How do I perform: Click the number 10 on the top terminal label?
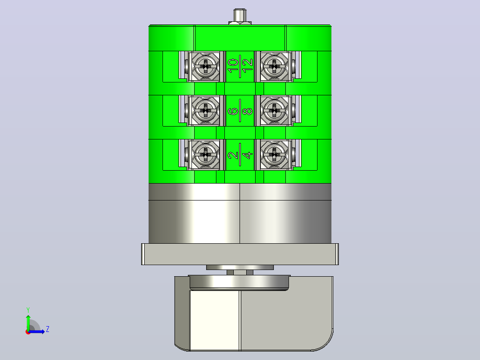click(x=233, y=66)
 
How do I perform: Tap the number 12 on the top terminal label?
click(x=248, y=65)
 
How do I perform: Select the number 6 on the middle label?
click(x=233, y=111)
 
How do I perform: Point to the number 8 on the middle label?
click(x=248, y=110)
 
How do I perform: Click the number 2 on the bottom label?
click(x=233, y=155)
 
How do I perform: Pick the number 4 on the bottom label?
click(x=248, y=155)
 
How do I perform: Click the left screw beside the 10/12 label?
click(x=205, y=66)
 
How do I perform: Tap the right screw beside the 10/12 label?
click(x=274, y=66)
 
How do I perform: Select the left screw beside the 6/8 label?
click(x=205, y=110)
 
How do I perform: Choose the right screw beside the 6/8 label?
click(x=274, y=110)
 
